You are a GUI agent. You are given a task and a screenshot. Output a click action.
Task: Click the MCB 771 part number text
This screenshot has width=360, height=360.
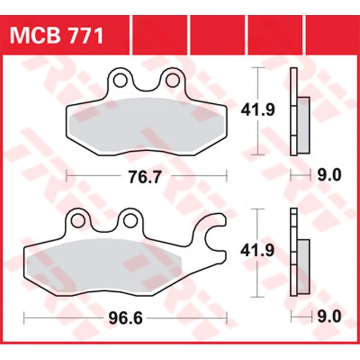click(x=56, y=36)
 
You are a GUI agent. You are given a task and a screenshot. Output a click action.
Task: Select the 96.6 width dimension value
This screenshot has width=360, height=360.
click(x=126, y=319)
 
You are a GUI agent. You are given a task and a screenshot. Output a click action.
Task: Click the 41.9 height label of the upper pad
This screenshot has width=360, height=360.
click(x=258, y=110)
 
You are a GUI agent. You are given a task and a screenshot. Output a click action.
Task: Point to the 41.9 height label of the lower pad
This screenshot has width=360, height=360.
click(x=257, y=251)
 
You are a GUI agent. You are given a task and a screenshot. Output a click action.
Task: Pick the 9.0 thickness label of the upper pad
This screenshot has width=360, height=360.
click(x=329, y=175)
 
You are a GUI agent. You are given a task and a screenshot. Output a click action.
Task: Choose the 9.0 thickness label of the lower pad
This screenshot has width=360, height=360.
click(x=329, y=316)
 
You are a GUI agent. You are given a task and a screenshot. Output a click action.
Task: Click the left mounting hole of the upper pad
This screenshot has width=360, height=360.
click(x=121, y=80)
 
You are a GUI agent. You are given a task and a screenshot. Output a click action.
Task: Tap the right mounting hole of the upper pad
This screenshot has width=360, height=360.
click(x=172, y=80)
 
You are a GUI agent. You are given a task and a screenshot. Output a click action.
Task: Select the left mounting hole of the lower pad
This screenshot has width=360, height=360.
click(x=78, y=220)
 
